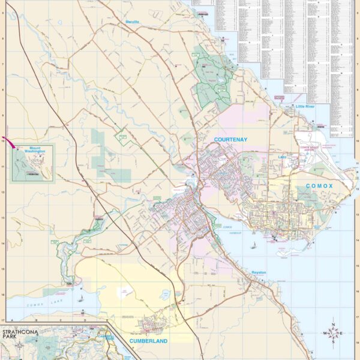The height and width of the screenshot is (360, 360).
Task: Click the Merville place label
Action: point(132,22)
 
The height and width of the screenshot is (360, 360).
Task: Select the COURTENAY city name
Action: point(231,139)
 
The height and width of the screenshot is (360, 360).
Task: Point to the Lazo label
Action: point(282,157)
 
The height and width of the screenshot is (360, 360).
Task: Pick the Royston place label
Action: point(259,272)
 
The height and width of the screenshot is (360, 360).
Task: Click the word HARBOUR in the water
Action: point(227,232)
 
